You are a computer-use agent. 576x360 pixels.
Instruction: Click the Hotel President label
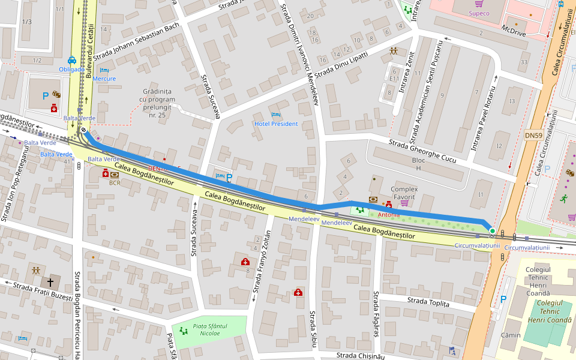276,124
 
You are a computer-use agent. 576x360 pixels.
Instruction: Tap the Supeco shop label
478,13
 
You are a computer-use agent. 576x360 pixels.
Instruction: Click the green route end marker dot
492,230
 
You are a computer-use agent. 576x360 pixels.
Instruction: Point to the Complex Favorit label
404,193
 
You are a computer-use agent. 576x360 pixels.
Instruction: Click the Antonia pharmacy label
389,214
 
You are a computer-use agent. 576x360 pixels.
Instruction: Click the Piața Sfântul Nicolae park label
211,329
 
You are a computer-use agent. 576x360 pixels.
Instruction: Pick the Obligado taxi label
71,69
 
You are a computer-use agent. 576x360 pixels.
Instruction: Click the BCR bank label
115,183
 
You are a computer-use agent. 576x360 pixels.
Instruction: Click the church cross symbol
51,281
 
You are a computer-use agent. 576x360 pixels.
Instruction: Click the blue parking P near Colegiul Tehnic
503,299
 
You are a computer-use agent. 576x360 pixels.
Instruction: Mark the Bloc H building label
418,164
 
